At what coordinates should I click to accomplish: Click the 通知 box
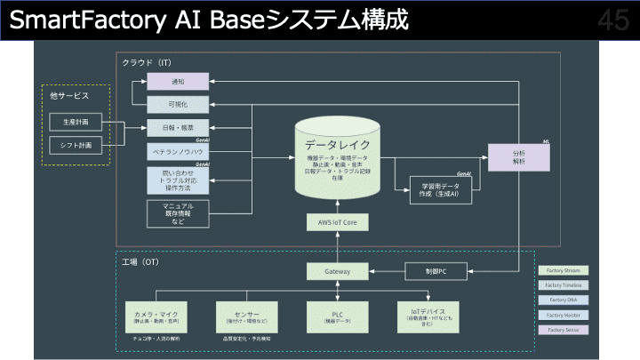[x=178, y=81]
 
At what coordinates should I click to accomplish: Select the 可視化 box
[x=178, y=104]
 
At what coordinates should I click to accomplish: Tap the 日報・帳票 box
[x=178, y=127]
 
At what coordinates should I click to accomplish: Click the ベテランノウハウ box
[x=178, y=151]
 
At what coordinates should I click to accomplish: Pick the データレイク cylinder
[x=337, y=160]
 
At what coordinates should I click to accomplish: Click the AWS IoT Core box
[x=337, y=222]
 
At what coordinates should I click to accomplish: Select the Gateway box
[x=337, y=271]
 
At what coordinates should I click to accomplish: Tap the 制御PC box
[x=435, y=271]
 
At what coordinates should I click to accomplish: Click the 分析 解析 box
[x=519, y=157]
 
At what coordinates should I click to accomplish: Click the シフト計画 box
[x=75, y=144]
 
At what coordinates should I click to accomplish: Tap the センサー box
[x=246, y=316]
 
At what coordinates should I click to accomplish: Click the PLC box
[x=337, y=316]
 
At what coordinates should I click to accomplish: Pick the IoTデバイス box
[x=428, y=316]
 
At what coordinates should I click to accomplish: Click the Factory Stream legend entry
[x=564, y=270]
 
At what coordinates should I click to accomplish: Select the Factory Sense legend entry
[x=564, y=330]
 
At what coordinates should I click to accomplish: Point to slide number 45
[x=613, y=20]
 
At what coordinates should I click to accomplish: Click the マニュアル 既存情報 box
[x=178, y=212]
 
